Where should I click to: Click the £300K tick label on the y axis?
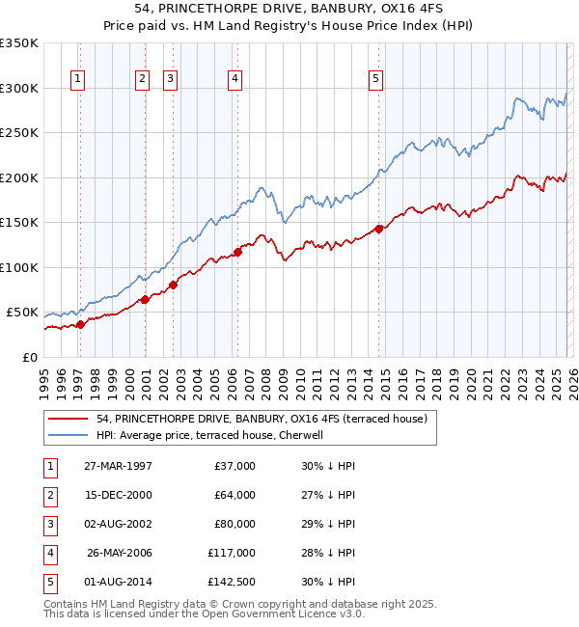(19, 88)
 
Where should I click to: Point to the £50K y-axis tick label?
(22, 313)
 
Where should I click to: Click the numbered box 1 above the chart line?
(77, 79)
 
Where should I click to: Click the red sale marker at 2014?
(378, 229)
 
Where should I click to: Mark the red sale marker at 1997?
(81, 324)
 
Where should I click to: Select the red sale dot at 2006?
(237, 252)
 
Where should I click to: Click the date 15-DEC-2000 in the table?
(118, 495)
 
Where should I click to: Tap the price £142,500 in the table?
(231, 582)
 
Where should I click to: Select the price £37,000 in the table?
(234, 466)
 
